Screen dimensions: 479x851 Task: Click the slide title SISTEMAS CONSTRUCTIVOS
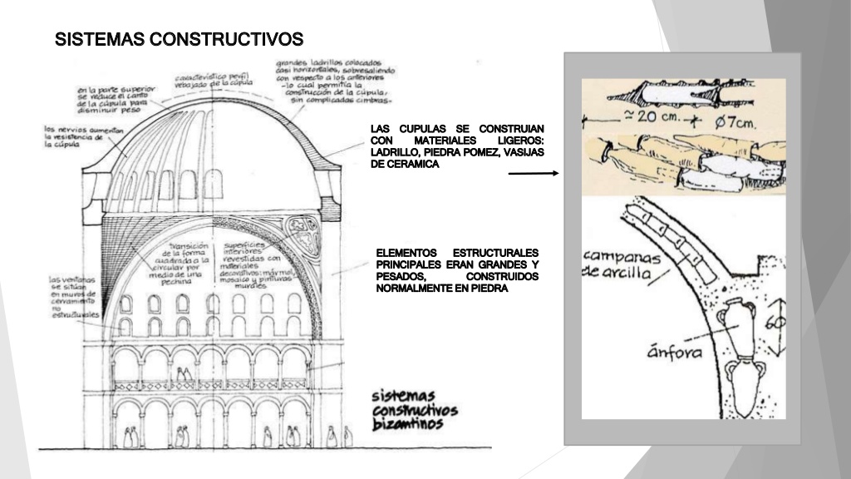[179, 39]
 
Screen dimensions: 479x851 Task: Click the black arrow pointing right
[533, 174]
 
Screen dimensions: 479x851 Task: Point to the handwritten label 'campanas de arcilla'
[621, 265]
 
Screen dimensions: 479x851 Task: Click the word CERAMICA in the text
[408, 164]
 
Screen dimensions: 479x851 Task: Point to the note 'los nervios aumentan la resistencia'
[84, 138]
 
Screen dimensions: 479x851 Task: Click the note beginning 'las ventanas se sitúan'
[73, 297]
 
